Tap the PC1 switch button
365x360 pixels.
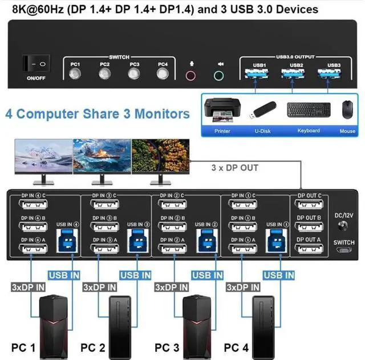(x=75, y=74)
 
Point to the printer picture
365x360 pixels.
(x=222, y=110)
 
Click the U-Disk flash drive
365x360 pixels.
(x=262, y=110)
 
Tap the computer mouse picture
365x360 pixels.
(x=347, y=110)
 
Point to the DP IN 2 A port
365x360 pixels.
(x=173, y=249)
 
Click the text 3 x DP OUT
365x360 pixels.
(x=235, y=168)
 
